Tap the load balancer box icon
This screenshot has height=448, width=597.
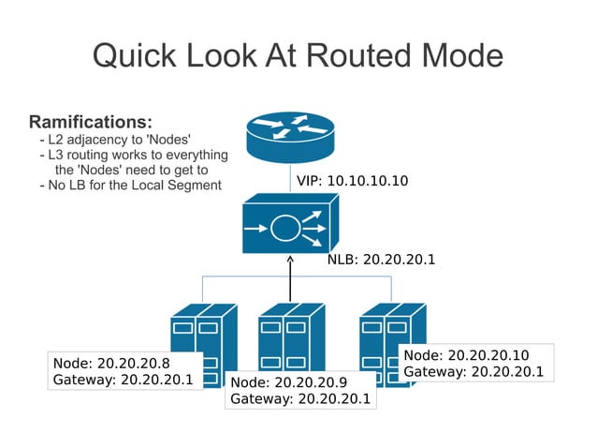pyautogui.click(x=290, y=226)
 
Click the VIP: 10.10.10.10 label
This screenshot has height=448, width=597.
pyautogui.click(x=352, y=181)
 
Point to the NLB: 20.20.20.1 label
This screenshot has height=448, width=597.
pyautogui.click(x=382, y=259)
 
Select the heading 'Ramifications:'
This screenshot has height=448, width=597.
pyautogui.click(x=91, y=122)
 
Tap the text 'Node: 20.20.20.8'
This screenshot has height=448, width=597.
pyautogui.click(x=111, y=363)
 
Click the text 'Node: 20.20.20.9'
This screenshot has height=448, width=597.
pyautogui.click(x=289, y=382)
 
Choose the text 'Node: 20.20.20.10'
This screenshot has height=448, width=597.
pyautogui.click(x=465, y=355)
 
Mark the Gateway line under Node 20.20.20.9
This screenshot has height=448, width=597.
pyautogui.click(x=300, y=399)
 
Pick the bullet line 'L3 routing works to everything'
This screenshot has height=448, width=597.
pyautogui.click(x=133, y=155)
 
